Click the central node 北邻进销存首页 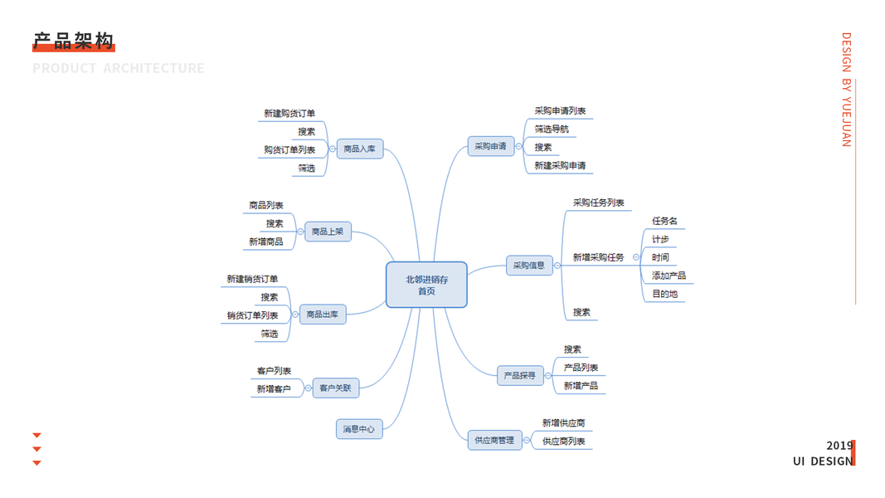tap(426, 285)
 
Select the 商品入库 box tap(359, 149)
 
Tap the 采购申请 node tap(490, 147)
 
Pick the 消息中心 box tap(358, 429)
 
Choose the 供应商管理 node tap(494, 440)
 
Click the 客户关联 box tap(335, 388)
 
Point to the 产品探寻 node tap(520, 376)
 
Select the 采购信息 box tap(529, 266)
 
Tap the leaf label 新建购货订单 tap(289, 114)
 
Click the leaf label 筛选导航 tap(552, 129)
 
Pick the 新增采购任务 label tap(598, 257)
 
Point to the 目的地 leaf tap(664, 294)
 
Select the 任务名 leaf tap(664, 221)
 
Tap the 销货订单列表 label tap(253, 315)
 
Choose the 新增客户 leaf tap(274, 388)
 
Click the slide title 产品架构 tap(73, 41)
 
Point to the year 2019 tap(839, 446)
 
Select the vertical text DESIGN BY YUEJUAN tap(846, 90)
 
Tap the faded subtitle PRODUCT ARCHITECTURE tap(119, 68)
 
